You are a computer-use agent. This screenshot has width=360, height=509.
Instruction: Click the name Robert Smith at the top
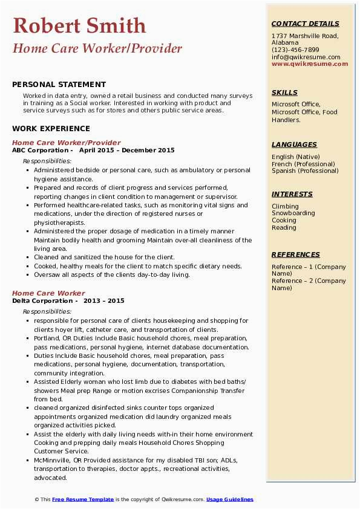(x=79, y=26)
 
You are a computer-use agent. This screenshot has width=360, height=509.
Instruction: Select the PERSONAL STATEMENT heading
(x=59, y=85)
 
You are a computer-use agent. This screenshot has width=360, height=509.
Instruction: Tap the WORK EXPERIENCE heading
(x=51, y=129)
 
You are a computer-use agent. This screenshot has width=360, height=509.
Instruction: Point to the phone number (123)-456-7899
(x=295, y=50)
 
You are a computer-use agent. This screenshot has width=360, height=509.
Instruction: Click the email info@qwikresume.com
(x=306, y=57)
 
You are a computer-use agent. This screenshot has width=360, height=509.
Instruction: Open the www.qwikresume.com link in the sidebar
(x=306, y=63)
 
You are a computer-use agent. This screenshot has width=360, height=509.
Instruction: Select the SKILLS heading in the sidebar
(x=284, y=92)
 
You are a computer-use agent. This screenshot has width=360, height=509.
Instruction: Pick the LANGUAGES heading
(x=294, y=144)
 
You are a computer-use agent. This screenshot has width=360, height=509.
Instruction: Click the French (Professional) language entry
(x=303, y=164)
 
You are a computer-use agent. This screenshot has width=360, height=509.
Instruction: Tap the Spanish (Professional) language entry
(x=305, y=170)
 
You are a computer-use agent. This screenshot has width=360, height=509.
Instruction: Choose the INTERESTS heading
(x=292, y=194)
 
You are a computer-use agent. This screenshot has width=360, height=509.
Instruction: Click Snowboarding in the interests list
(x=293, y=213)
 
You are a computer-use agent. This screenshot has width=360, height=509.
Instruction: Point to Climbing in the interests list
(x=285, y=206)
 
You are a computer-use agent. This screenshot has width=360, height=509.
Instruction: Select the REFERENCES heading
(x=295, y=254)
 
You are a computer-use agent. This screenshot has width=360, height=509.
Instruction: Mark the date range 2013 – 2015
(x=104, y=301)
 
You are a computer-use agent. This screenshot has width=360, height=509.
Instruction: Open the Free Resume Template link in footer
(x=83, y=499)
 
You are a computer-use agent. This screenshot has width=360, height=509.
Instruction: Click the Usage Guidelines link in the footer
(x=230, y=499)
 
